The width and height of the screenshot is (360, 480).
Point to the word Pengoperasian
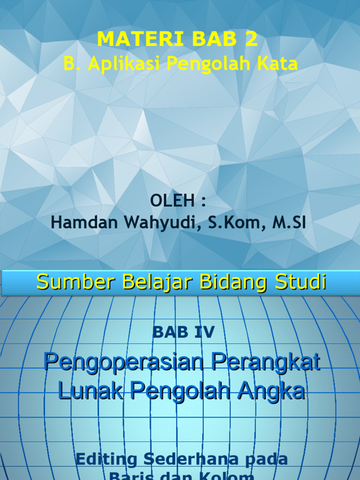point(124,363)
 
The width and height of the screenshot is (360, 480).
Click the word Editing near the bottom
point(106,459)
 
